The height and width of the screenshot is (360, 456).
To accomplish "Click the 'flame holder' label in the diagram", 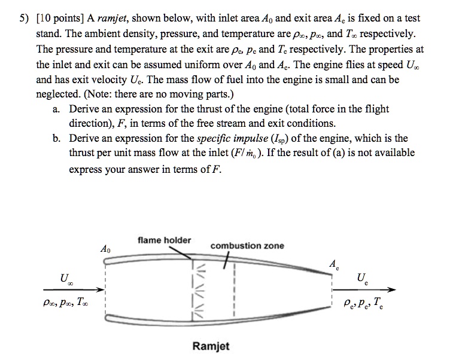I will point(164,240).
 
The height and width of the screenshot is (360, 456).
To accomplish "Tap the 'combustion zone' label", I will point(247,246).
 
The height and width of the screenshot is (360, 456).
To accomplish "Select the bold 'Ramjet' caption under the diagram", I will point(211,346).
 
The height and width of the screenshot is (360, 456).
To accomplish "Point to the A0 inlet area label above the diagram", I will point(105,248).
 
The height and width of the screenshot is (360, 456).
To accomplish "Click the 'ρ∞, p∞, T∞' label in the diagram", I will point(68,304).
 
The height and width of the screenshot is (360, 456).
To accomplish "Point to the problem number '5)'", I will point(24,20).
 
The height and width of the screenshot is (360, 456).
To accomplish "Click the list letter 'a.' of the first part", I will point(57,109).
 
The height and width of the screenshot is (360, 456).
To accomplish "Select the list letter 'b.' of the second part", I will point(57,139).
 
